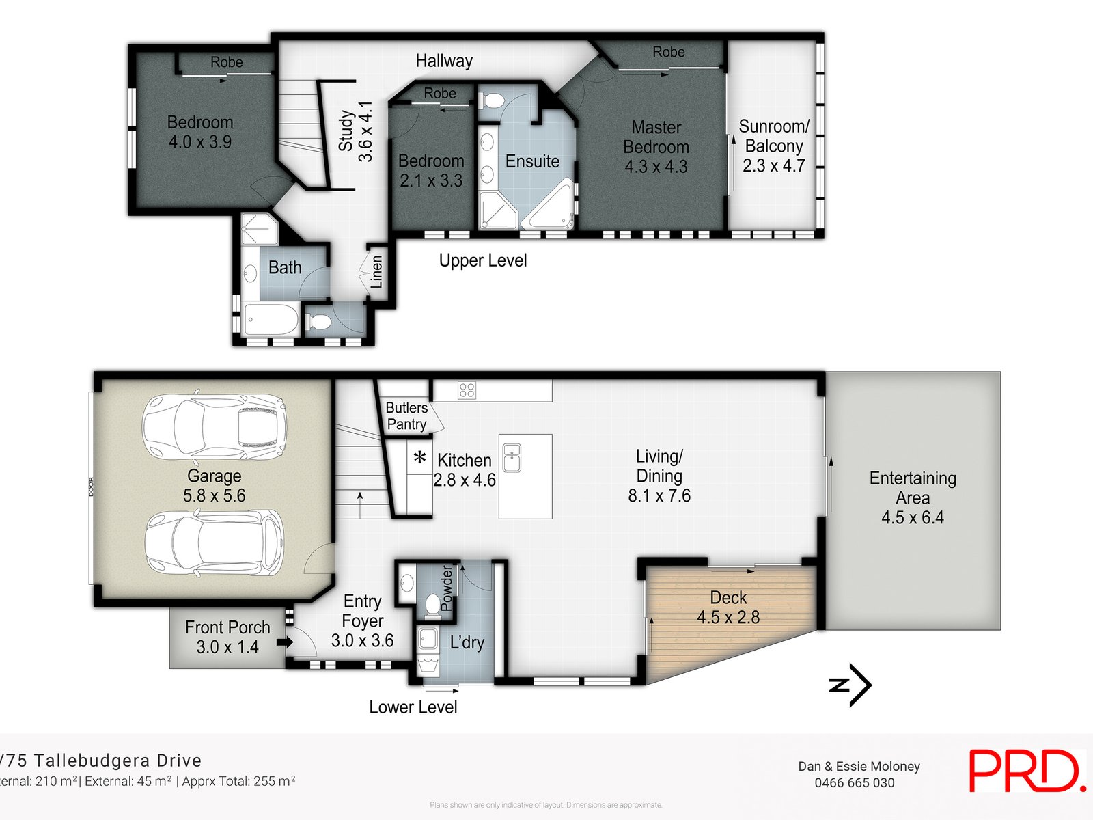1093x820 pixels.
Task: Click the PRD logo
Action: tap(1026, 771)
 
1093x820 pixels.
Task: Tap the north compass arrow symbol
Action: tap(852, 684)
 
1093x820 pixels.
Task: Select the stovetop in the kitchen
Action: tap(467, 390)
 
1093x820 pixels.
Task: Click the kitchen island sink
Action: tap(512, 457)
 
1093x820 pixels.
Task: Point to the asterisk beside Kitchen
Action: tap(420, 458)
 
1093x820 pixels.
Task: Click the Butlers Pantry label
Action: tap(406, 415)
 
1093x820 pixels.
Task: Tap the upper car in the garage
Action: tap(214, 427)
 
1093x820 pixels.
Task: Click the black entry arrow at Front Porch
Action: tap(285, 642)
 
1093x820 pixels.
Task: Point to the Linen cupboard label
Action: tap(376, 272)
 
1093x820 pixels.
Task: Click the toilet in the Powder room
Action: tap(432, 605)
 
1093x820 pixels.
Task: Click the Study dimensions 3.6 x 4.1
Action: tap(365, 131)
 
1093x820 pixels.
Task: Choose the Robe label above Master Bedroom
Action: tap(668, 52)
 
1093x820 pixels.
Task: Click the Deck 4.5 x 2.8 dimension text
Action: tap(728, 617)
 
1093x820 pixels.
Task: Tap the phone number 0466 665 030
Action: tap(854, 783)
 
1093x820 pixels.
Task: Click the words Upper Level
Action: tap(482, 260)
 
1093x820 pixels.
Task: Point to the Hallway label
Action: tap(444, 61)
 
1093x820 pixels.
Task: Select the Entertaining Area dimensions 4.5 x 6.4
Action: tap(912, 517)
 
